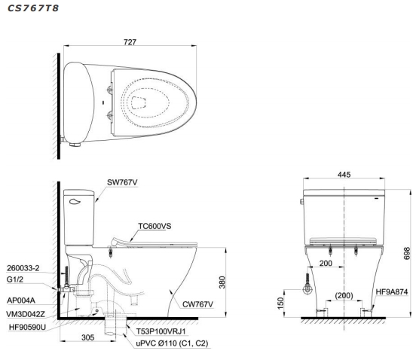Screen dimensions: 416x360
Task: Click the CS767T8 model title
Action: pyautogui.click(x=33, y=8)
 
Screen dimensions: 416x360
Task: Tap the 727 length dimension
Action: pyautogui.click(x=130, y=42)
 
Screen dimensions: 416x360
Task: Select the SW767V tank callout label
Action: pyautogui.click(x=122, y=182)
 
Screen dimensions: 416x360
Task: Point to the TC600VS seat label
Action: pyautogui.click(x=154, y=226)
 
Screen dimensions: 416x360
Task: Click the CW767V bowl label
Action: pyautogui.click(x=197, y=304)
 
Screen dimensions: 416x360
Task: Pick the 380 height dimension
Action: pyautogui.click(x=222, y=282)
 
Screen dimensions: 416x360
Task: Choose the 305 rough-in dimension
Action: pyautogui.click(x=88, y=337)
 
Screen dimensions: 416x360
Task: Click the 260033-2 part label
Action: pyautogui.click(x=23, y=268)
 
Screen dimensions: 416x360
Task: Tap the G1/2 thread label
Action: pyautogui.click(x=15, y=279)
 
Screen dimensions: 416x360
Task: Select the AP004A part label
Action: pyautogui.click(x=21, y=301)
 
